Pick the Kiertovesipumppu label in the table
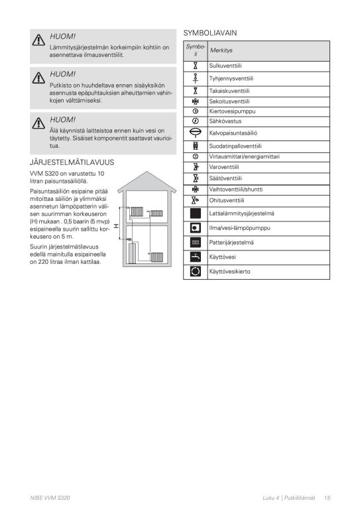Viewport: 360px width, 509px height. pos(232,111)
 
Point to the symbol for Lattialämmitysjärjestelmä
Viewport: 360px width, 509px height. pos(195,213)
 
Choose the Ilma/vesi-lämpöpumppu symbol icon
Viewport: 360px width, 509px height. pos(195,228)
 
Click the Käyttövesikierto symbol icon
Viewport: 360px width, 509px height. pos(195,271)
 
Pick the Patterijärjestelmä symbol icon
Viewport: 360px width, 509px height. pos(195,243)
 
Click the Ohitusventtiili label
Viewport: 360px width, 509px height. pos(227,200)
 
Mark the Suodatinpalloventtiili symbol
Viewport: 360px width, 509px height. pos(195,145)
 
